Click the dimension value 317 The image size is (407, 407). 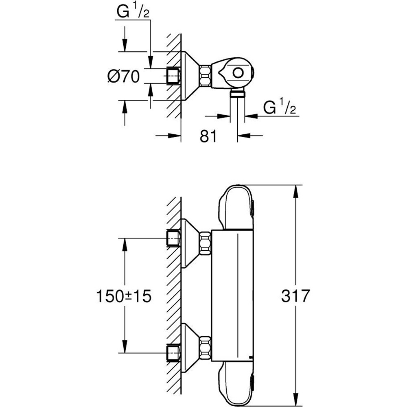click(x=295, y=296)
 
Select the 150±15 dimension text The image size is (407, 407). click(x=123, y=296)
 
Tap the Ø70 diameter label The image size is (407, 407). click(x=123, y=77)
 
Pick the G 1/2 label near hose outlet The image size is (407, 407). click(x=279, y=108)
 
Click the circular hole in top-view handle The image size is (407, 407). click(x=237, y=73)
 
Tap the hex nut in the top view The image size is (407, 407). click(x=206, y=76)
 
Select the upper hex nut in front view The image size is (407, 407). click(x=205, y=243)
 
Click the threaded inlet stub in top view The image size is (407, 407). click(x=174, y=76)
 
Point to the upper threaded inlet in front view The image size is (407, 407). click(x=174, y=238)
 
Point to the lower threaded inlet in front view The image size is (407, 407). click(x=174, y=352)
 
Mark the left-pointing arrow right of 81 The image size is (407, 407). click(x=247, y=136)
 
